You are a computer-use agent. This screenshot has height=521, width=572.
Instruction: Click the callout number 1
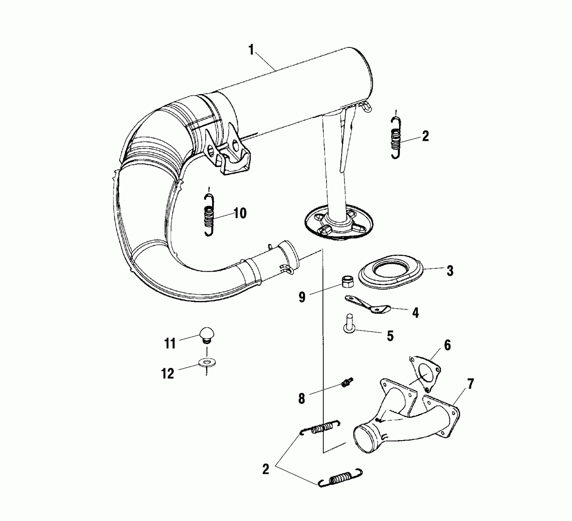click(251, 50)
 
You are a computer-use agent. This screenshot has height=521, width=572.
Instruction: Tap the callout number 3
click(449, 271)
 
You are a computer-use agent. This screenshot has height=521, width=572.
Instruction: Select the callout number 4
click(415, 313)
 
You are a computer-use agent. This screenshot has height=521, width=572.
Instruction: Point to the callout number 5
click(390, 336)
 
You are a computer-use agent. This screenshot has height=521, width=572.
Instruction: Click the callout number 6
click(447, 345)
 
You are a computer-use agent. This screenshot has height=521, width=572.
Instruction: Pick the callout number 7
click(470, 384)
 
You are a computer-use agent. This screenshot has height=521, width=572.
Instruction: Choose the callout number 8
click(302, 399)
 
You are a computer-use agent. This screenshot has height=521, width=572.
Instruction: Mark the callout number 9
click(302, 297)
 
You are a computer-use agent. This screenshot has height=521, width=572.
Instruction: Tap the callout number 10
click(240, 213)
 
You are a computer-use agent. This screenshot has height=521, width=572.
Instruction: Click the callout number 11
click(170, 343)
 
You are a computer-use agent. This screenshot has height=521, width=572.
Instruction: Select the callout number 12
click(168, 373)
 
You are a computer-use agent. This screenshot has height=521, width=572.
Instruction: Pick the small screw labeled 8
click(347, 382)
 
